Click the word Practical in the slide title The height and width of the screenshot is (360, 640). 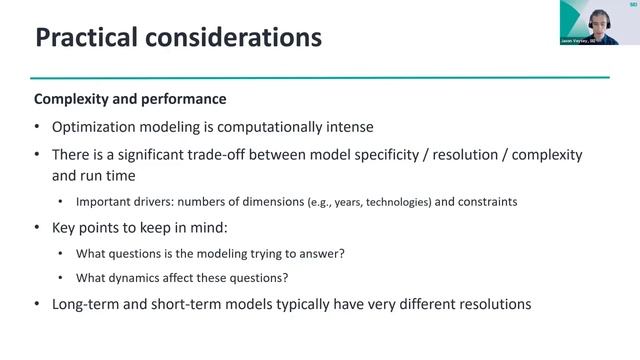coord(87,38)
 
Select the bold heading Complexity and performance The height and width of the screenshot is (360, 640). coord(130,100)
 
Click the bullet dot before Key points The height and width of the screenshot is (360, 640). coord(38,228)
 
